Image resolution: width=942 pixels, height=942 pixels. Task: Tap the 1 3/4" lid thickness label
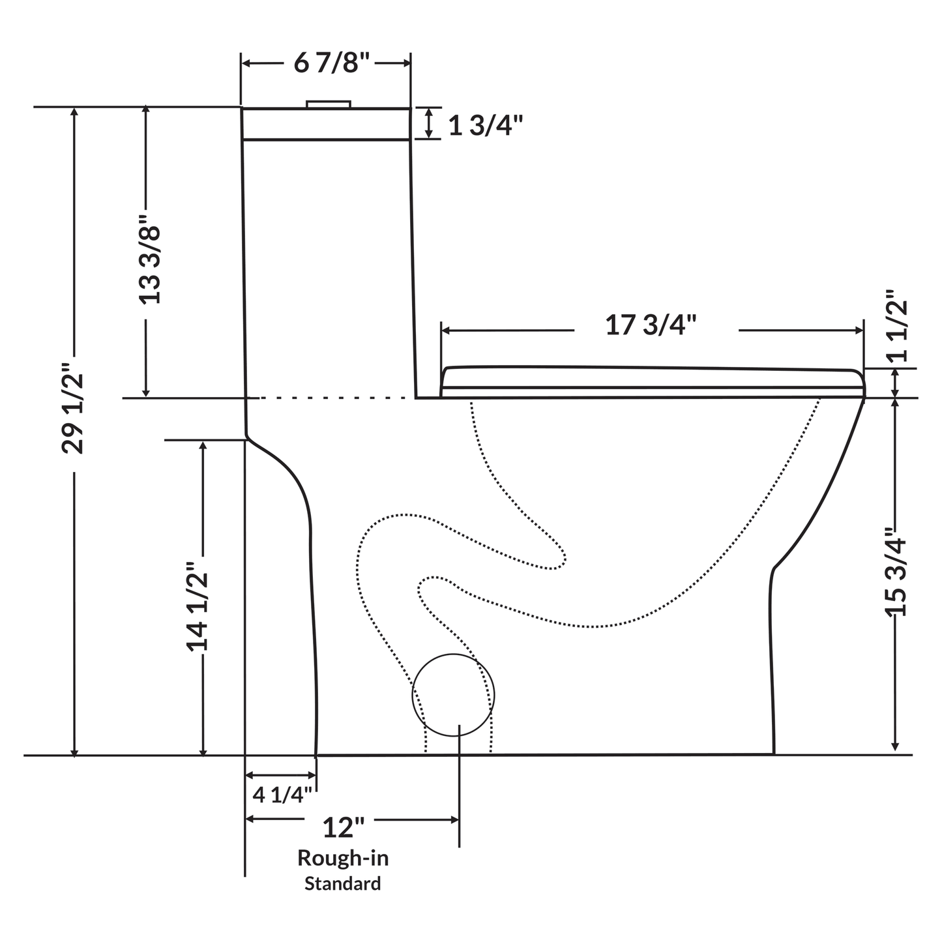click(x=486, y=126)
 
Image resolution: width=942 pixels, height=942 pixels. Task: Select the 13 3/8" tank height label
click(x=149, y=264)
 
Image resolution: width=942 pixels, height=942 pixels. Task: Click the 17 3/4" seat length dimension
click(x=652, y=325)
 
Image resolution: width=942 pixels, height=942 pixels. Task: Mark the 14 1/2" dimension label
click(x=198, y=606)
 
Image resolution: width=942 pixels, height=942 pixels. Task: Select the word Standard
click(x=343, y=884)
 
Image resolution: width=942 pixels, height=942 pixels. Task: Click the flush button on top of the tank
click(x=329, y=104)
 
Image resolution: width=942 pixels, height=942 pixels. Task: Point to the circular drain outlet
click(x=453, y=695)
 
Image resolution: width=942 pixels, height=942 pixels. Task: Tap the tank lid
click(x=326, y=123)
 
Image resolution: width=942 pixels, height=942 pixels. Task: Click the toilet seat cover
click(x=652, y=376)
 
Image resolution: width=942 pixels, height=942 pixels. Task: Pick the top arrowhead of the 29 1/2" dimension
click(x=75, y=112)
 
